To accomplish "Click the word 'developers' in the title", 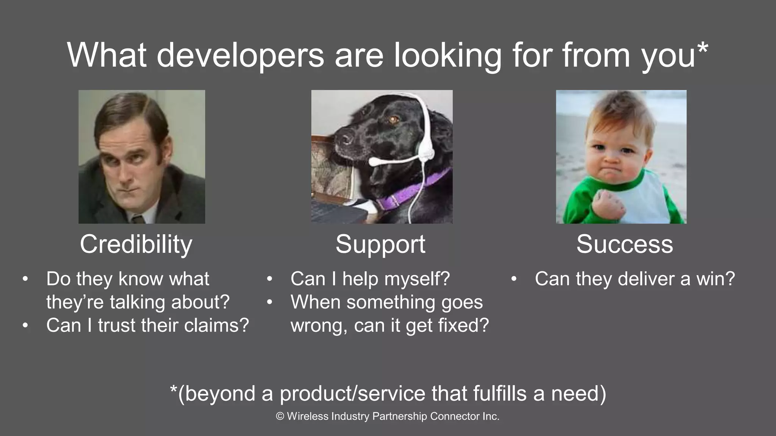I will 240,55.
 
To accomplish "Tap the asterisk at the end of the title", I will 702,48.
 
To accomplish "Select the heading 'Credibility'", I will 136,244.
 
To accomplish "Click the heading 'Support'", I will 380,244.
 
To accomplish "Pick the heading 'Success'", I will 624,244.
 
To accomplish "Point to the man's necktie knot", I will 138,219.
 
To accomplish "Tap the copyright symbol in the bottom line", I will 280,416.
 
